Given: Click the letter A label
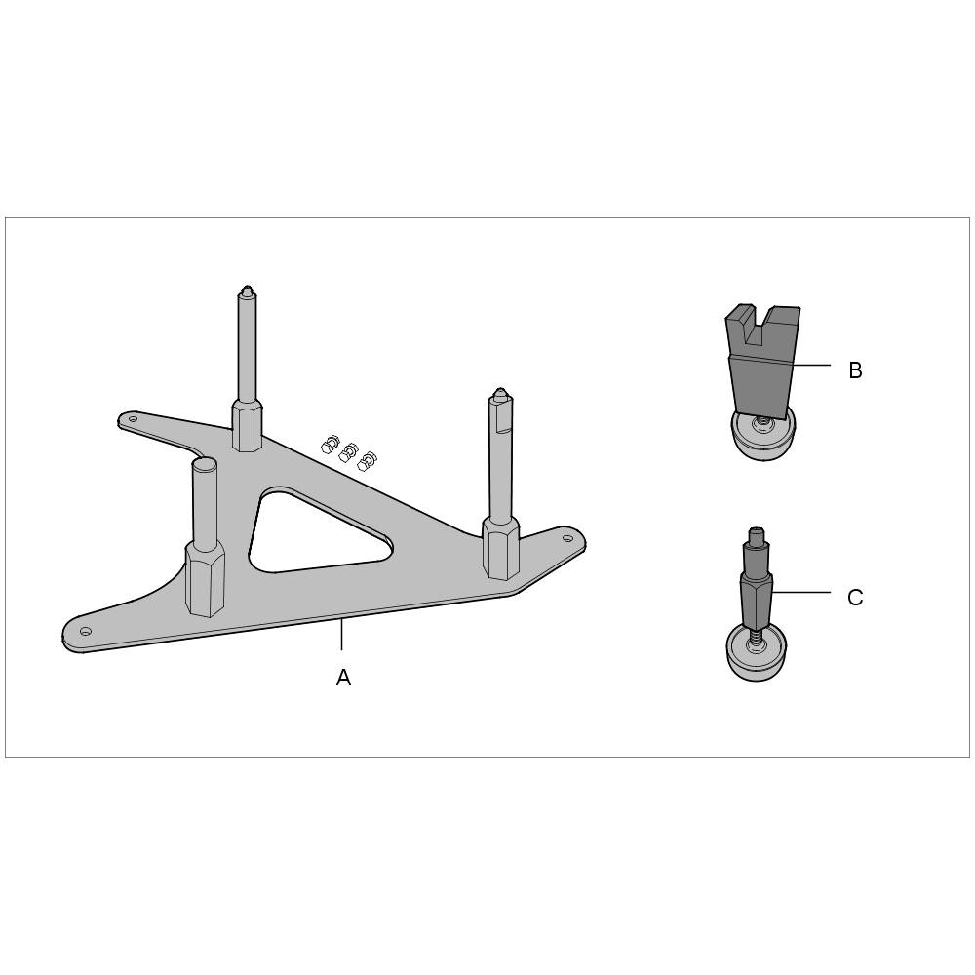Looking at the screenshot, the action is pyautogui.click(x=343, y=678).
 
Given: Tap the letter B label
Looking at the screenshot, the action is pyautogui.click(x=855, y=370).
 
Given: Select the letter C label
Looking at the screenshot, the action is pyautogui.click(x=855, y=598).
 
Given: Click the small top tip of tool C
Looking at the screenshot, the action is pyautogui.click(x=757, y=534).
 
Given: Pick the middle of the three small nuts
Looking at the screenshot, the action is pyautogui.click(x=348, y=452).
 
